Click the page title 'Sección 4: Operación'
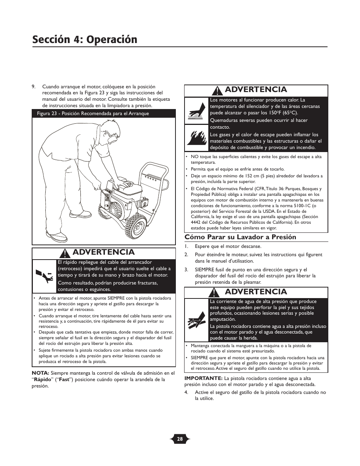pyautogui.click(x=85, y=39)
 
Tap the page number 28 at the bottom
pyautogui.click(x=180, y=439)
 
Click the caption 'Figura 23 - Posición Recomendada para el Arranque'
pyautogui.click(x=93, y=114)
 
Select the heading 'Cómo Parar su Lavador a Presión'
pyautogui.click(x=240, y=237)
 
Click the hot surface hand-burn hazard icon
pyautogui.click(x=196, y=111)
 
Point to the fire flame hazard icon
pyautogui.click(x=196, y=138)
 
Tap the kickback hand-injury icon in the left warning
pyautogui.click(x=44, y=277)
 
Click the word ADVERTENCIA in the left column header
pyautogui.click(x=103, y=252)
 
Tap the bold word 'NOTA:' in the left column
pyautogui.click(x=40, y=373)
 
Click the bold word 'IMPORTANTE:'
pyautogui.click(x=203, y=378)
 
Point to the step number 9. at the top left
pyautogui.click(x=34, y=86)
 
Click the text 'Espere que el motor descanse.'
pyautogui.click(x=228, y=246)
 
